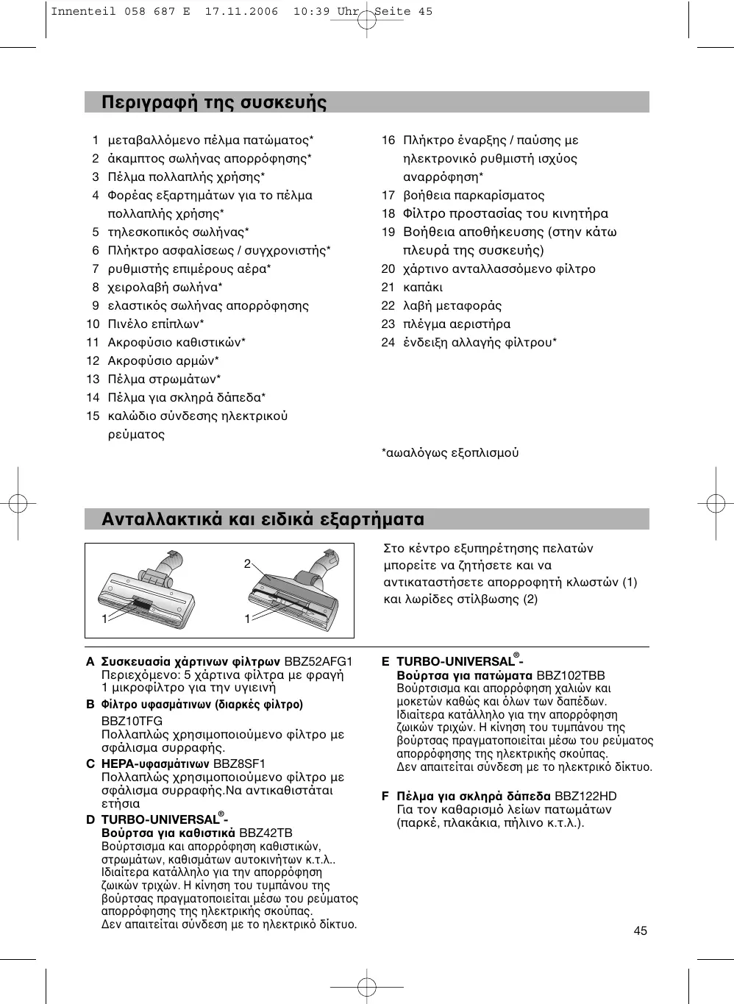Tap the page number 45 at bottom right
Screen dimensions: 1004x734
(640, 930)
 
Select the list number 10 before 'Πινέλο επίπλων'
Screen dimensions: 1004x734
(93, 324)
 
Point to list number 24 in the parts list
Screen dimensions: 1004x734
(388, 342)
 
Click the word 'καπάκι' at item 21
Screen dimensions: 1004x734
(423, 287)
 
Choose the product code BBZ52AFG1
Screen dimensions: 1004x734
(318, 661)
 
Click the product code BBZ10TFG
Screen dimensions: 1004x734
(132, 721)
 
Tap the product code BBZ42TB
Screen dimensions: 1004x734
(266, 833)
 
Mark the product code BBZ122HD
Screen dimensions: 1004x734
(585, 796)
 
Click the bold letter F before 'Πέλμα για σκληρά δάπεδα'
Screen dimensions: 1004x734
(385, 796)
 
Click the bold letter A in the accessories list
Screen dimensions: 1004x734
(90, 661)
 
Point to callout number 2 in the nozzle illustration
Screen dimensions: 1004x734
(247, 564)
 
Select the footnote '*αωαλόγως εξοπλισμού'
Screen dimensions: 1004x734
(449, 452)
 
